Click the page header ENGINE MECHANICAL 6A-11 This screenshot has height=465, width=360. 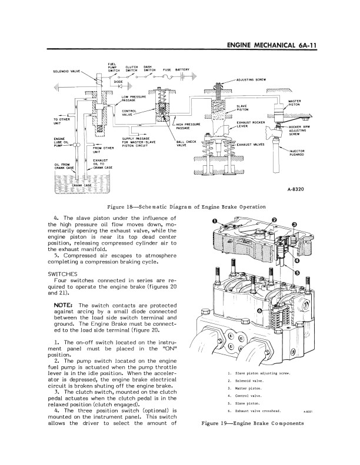(272, 45)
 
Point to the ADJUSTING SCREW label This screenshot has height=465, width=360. (251, 79)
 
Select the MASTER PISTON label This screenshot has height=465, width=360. (294, 103)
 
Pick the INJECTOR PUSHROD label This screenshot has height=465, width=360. (296, 153)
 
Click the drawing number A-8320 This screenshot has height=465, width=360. (296, 189)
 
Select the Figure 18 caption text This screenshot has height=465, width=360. (186, 207)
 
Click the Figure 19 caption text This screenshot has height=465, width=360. (252, 423)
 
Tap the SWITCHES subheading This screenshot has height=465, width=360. (62, 274)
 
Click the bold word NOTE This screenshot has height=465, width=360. (63, 305)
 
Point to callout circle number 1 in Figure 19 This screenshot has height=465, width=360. (215, 220)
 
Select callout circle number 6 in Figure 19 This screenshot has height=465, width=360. (260, 310)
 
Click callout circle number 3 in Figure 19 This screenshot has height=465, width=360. (294, 225)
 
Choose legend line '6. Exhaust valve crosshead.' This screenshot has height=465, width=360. (254, 411)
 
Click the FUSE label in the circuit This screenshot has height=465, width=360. (167, 70)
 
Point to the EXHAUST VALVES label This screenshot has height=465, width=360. (251, 145)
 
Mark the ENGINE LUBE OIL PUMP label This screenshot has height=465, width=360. (61, 142)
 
